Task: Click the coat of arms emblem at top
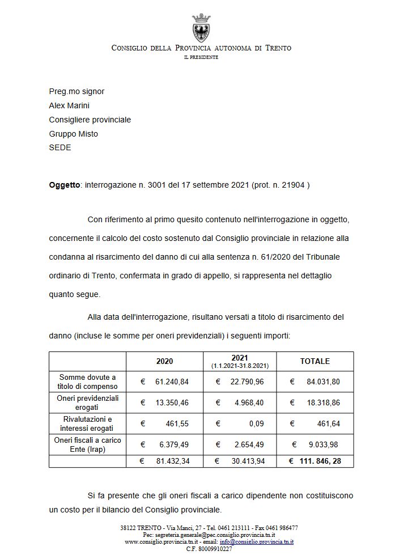[201, 27]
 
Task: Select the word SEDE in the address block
[60, 148]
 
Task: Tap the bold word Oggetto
[65, 185]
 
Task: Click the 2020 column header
[164, 361]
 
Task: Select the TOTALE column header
[315, 361]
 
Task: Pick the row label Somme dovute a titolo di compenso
[87, 382]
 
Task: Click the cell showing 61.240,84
[172, 382]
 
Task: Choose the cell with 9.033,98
[323, 444]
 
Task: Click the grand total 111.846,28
[320, 461]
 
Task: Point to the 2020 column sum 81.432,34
[172, 461]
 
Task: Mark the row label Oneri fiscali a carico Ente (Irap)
[87, 444]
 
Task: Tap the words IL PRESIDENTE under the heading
[201, 57]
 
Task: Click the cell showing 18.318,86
[323, 403]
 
